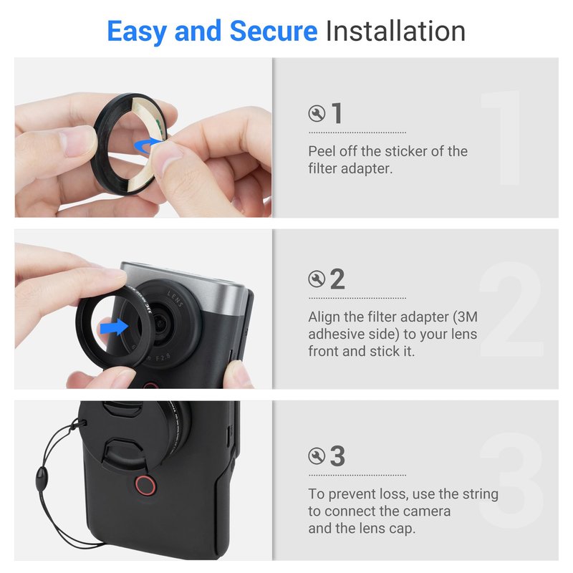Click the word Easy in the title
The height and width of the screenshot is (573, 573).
137,32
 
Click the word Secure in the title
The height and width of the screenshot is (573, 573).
274,31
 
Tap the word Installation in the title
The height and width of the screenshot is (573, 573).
395,31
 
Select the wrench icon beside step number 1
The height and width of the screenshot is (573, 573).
317,113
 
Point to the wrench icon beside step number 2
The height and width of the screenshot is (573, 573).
317,279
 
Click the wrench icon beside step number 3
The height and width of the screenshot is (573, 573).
317,456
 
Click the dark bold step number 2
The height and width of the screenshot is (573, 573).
337,279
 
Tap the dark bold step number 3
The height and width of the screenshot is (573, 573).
337,456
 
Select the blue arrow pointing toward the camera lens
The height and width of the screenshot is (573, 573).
114,327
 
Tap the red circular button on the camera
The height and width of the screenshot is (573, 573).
145,486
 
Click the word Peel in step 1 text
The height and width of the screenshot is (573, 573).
322,151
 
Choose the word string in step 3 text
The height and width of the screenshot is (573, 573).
480,494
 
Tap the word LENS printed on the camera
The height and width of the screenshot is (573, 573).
175,298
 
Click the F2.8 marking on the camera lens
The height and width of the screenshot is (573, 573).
163,357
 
